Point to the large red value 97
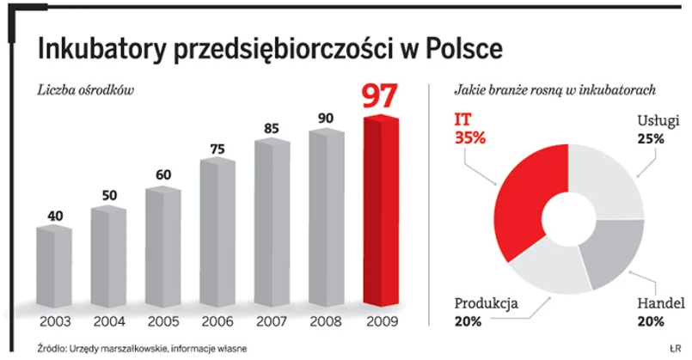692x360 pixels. (x=380, y=96)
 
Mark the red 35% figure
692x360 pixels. (x=468, y=136)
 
